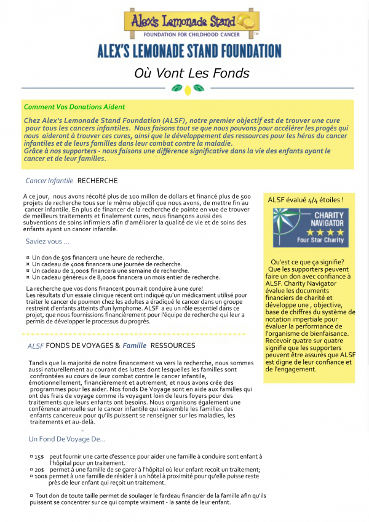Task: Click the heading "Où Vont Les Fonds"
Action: tap(191, 73)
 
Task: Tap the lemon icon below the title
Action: tap(188, 90)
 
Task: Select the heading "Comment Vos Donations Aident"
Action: tap(74, 107)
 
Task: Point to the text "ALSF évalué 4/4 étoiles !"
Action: tap(306, 200)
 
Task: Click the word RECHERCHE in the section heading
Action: tap(97, 181)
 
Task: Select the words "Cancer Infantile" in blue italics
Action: tap(49, 181)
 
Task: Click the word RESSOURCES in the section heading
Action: tap(173, 346)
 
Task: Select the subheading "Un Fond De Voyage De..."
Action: tap(67, 439)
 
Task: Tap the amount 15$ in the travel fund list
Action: tap(39, 457)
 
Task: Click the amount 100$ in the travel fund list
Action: tap(41, 476)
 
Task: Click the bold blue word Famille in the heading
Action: tap(134, 346)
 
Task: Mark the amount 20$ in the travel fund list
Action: tap(39, 470)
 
